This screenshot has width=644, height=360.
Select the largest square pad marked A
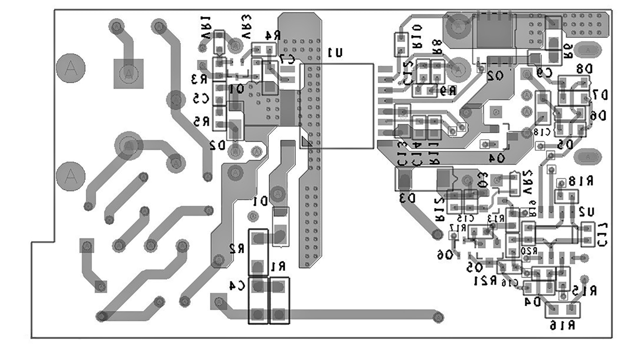[x=128, y=73]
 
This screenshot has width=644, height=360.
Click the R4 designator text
[x=273, y=35]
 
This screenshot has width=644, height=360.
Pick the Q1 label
[x=236, y=89]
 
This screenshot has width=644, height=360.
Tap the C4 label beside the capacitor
[x=237, y=285]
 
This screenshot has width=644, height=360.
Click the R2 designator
[x=236, y=249]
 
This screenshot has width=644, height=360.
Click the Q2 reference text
[x=495, y=76]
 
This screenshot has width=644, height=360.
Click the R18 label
[x=581, y=181]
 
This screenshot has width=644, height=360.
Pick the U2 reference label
[x=586, y=211]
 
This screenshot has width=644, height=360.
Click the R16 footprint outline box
[x=562, y=310]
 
